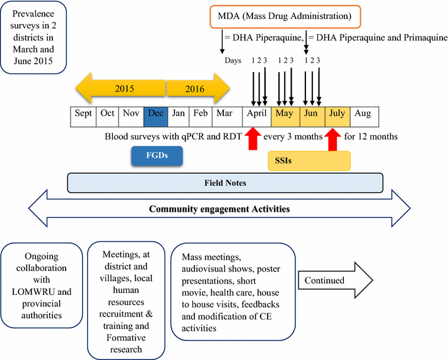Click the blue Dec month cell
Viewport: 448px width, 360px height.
155,114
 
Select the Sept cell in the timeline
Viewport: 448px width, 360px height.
83,114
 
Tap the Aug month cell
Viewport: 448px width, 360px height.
362,114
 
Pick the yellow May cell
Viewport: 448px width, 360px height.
285,114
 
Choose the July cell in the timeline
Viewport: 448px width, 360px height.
337,114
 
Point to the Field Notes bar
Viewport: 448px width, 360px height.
225,183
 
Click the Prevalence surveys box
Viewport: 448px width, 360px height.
36,39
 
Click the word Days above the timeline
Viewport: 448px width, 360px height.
234,61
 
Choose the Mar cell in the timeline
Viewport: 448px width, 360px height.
225,114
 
